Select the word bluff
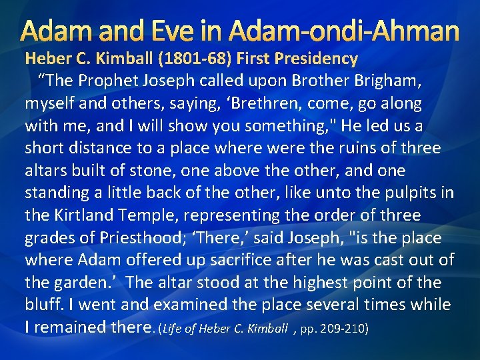tap(43, 305)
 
